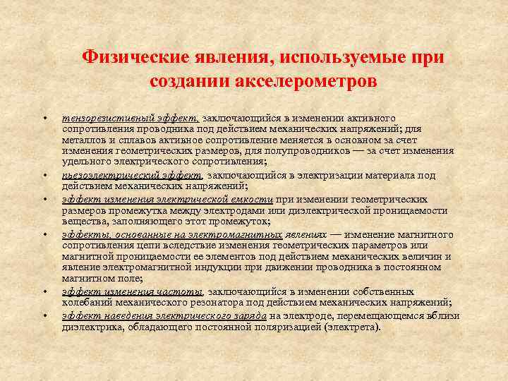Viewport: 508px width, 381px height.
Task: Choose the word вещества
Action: [x=83, y=222]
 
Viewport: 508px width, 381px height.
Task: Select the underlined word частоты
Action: [x=183, y=291]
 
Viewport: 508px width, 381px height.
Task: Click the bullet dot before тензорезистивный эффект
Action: [x=44, y=118]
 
